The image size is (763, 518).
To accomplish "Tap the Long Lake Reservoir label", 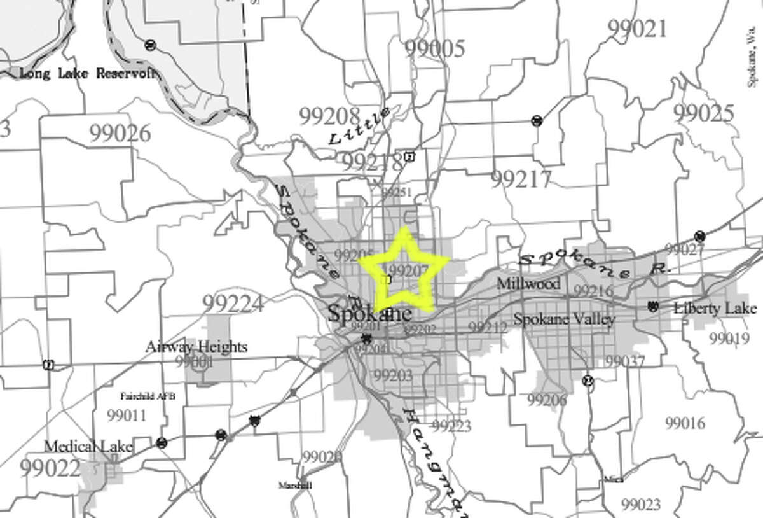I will (x=87, y=73).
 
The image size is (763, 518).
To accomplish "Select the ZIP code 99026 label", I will (x=120, y=134).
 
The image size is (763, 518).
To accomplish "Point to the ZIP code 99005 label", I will (x=435, y=48).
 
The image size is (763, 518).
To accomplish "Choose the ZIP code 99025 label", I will (x=703, y=113).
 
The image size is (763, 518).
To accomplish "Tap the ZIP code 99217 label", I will (x=521, y=180).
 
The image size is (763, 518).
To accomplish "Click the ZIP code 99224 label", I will (x=233, y=304).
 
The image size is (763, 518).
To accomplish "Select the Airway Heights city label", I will (x=196, y=347).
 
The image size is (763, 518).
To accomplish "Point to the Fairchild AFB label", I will (x=148, y=396).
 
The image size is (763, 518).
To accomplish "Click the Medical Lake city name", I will (x=88, y=447).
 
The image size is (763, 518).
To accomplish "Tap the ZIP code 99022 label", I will (x=50, y=469).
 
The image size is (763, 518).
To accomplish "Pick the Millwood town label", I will (x=529, y=283).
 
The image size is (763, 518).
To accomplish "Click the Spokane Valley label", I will (x=564, y=319).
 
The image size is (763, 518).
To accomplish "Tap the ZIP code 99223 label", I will (x=451, y=425).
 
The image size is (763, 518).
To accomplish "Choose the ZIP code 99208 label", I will (x=329, y=115).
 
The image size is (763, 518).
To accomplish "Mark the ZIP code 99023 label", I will (x=642, y=505).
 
